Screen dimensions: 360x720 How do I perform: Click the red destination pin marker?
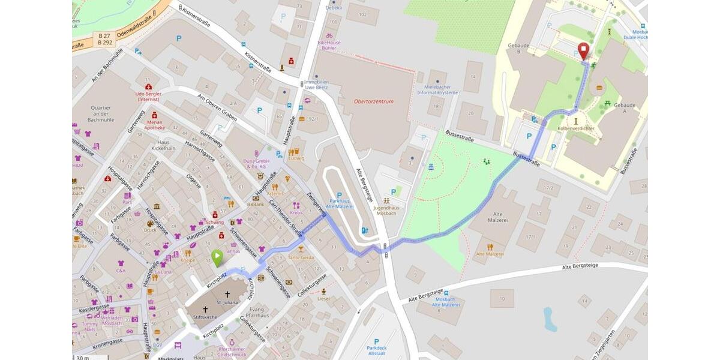click(x=583, y=50)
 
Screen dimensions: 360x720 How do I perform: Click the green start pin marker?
click(x=217, y=257)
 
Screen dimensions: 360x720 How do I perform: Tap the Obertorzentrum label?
click(x=374, y=101)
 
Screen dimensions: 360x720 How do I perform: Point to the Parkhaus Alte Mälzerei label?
click(x=339, y=203)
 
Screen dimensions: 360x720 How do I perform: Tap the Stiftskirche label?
click(x=206, y=317)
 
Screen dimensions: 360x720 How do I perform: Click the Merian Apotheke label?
click(x=154, y=124)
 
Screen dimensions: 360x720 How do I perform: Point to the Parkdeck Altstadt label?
click(x=376, y=350)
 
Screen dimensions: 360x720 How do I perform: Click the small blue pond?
click(x=550, y=319)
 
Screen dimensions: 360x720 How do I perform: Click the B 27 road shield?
click(x=105, y=36)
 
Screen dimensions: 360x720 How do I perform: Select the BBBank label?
click(x=256, y=204)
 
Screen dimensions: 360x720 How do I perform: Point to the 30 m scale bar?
click(x=82, y=358)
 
